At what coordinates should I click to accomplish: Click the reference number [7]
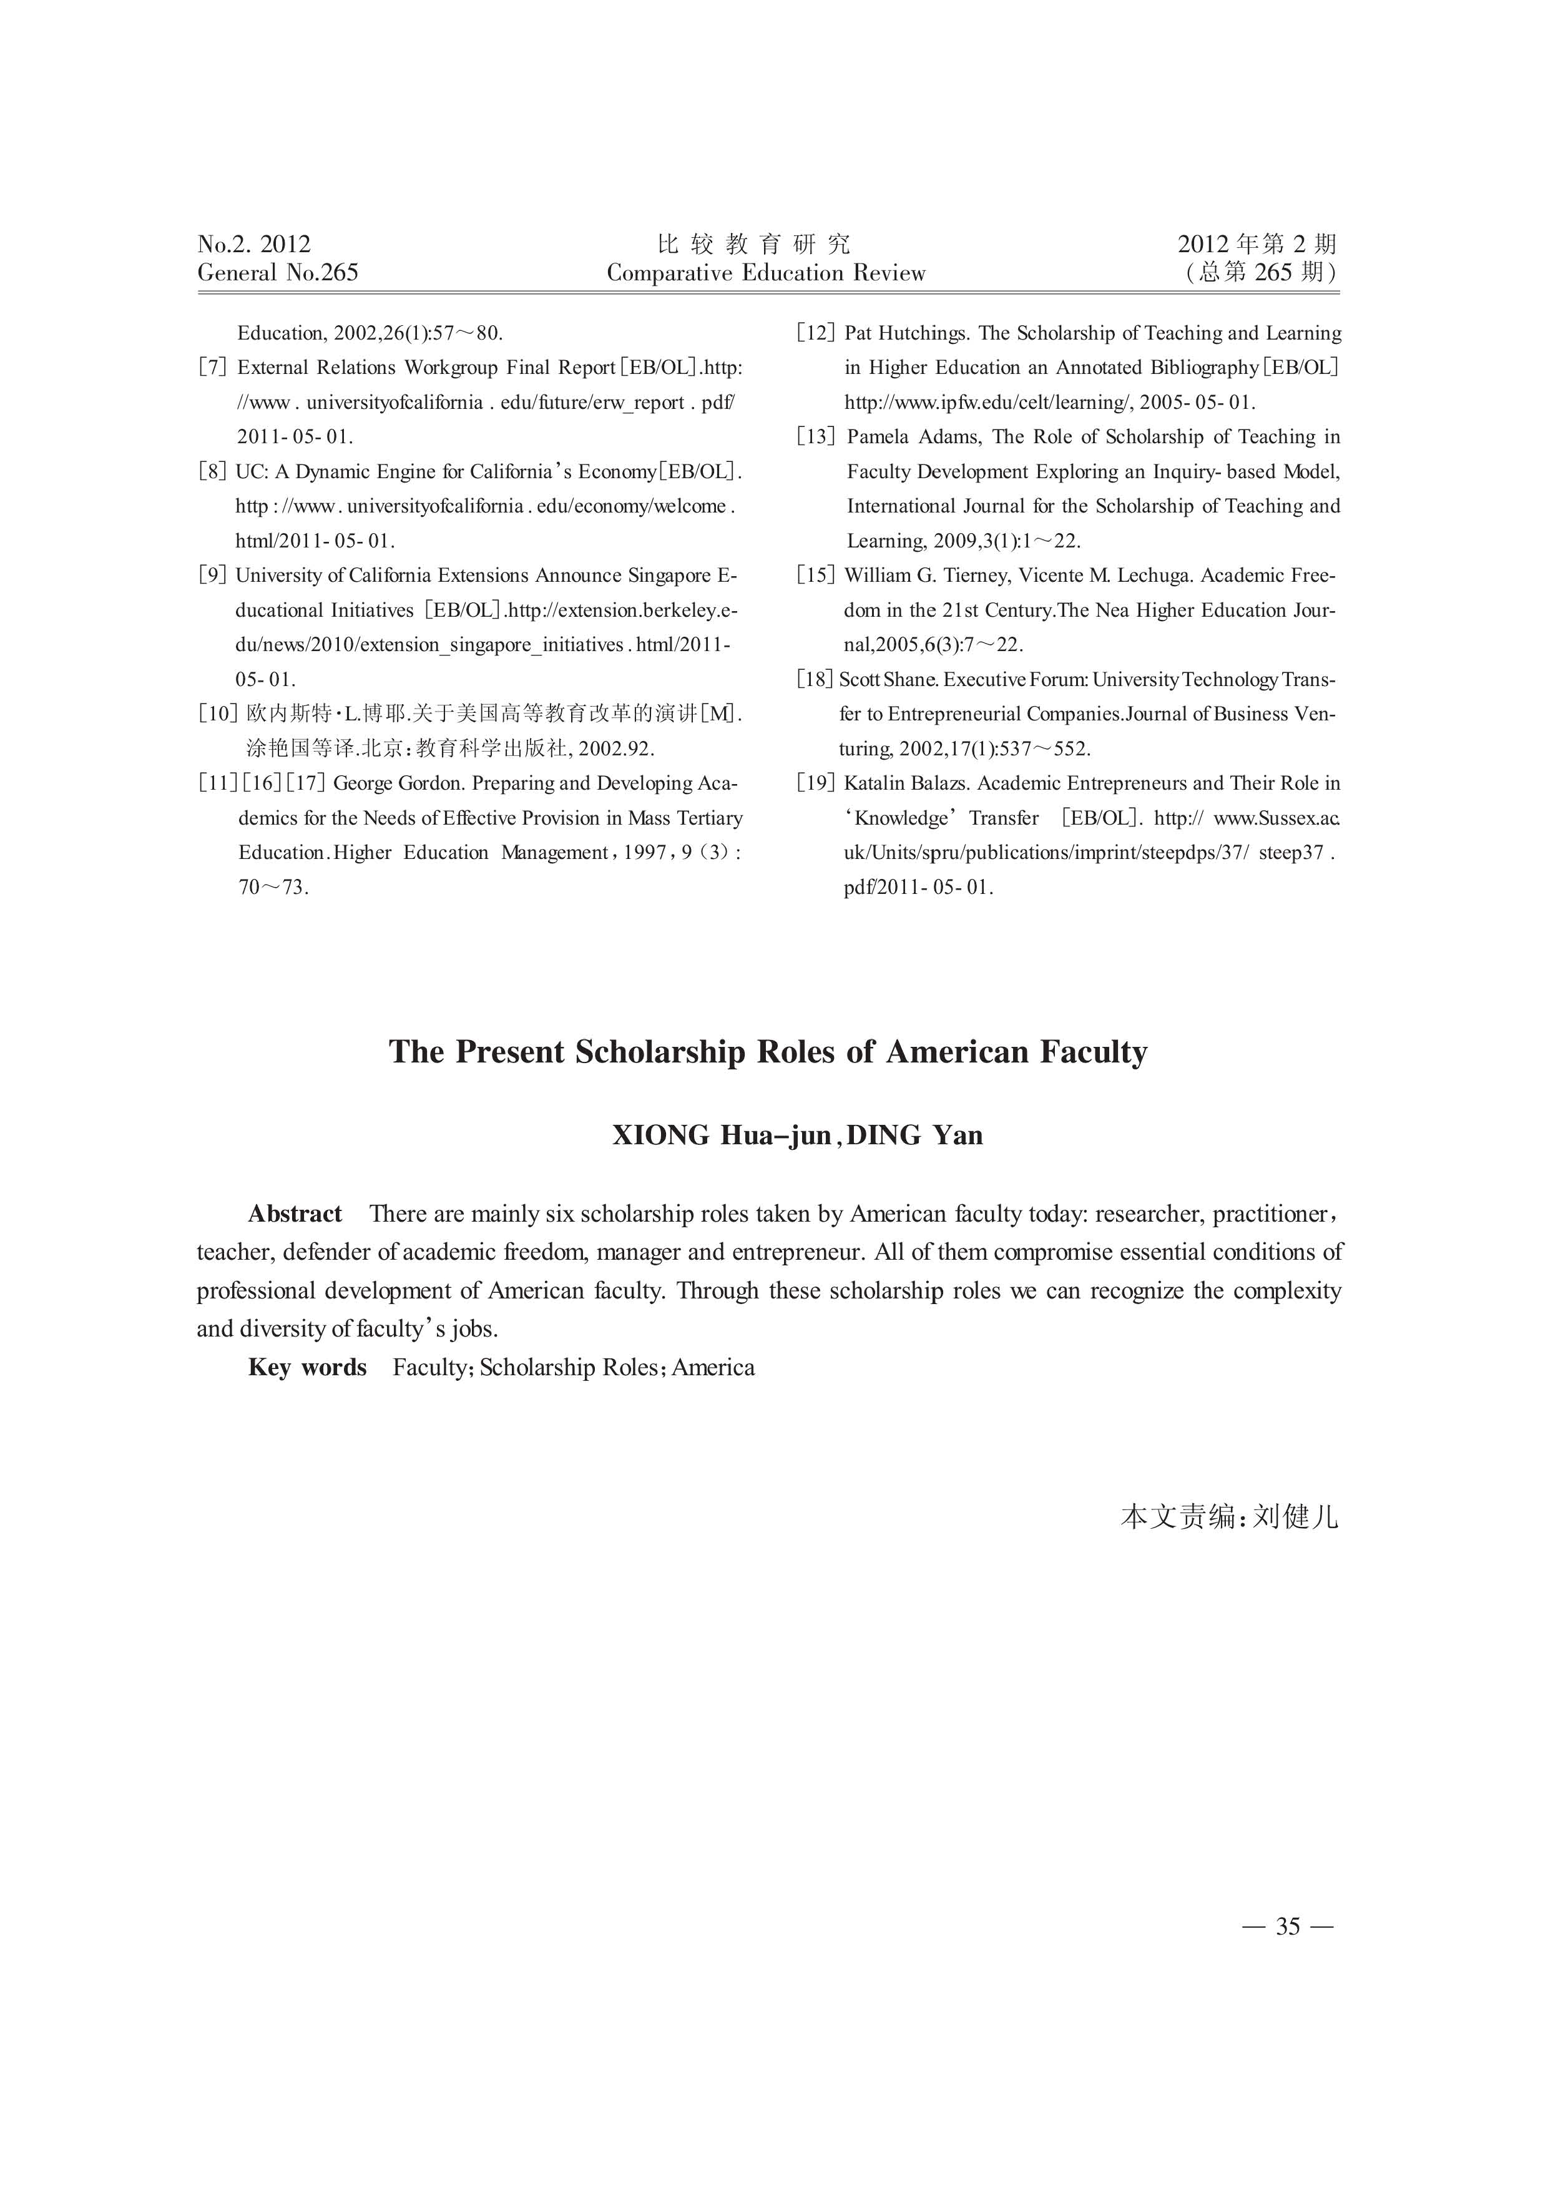(213, 368)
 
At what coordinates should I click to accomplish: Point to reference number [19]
(816, 783)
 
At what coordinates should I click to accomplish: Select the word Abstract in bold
(295, 1214)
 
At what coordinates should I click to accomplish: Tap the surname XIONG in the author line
(660, 1136)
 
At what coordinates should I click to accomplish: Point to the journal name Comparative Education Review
(767, 273)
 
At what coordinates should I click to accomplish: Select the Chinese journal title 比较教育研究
(754, 244)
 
